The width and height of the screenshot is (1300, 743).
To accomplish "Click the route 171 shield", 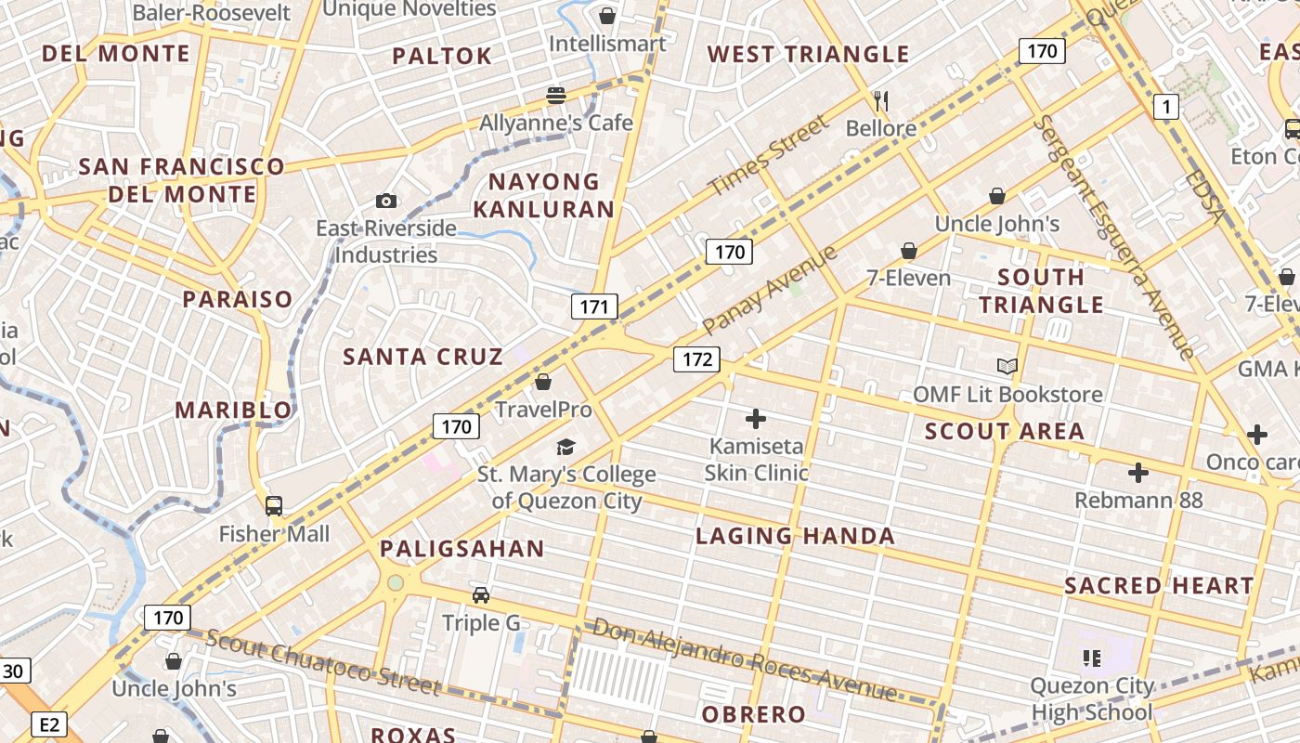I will click(594, 306).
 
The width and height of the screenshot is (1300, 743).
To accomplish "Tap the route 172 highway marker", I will click(696, 359).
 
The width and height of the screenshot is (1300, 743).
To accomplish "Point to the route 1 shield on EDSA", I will click(1166, 108).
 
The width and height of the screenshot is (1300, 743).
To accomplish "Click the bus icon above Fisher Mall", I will click(274, 506).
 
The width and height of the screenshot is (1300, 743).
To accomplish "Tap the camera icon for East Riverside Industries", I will click(386, 201).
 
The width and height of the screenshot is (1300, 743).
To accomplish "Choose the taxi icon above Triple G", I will click(481, 595).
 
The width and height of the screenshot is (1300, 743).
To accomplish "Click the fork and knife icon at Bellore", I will click(881, 100).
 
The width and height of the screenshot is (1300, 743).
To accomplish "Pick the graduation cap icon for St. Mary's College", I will click(566, 448).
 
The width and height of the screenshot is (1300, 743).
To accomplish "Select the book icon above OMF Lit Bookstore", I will click(1007, 367).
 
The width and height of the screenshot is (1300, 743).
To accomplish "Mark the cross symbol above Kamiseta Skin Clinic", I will click(756, 419).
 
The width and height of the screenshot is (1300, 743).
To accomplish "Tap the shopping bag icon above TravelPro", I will click(543, 382).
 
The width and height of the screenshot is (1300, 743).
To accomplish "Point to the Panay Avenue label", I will click(770, 290).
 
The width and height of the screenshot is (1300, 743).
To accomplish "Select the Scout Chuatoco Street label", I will click(322, 662).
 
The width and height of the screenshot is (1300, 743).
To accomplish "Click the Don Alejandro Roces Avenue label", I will click(745, 659).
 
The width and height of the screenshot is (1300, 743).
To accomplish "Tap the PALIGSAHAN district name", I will click(461, 549).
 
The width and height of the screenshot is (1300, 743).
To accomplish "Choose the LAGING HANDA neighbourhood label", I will click(795, 536).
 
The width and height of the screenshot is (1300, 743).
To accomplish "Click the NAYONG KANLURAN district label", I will click(544, 195).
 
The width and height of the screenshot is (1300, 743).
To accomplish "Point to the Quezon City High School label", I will click(1092, 699).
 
